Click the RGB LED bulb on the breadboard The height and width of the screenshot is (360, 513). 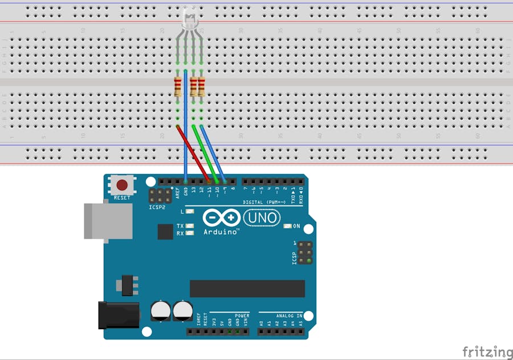[189, 19]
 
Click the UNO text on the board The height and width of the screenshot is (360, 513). [263, 217]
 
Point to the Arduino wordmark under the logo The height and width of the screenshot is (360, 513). [221, 232]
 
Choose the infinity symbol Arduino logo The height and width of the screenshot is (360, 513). [221, 218]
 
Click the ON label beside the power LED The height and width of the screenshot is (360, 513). [296, 226]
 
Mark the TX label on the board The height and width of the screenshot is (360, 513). [180, 226]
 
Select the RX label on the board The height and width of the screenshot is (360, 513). [180, 233]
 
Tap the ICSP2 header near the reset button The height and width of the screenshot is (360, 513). [160, 197]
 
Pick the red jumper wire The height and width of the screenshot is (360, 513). [194, 153]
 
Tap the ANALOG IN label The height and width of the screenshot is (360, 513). [289, 315]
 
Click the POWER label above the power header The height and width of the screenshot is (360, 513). [242, 315]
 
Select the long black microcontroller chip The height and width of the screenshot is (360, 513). [247, 289]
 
